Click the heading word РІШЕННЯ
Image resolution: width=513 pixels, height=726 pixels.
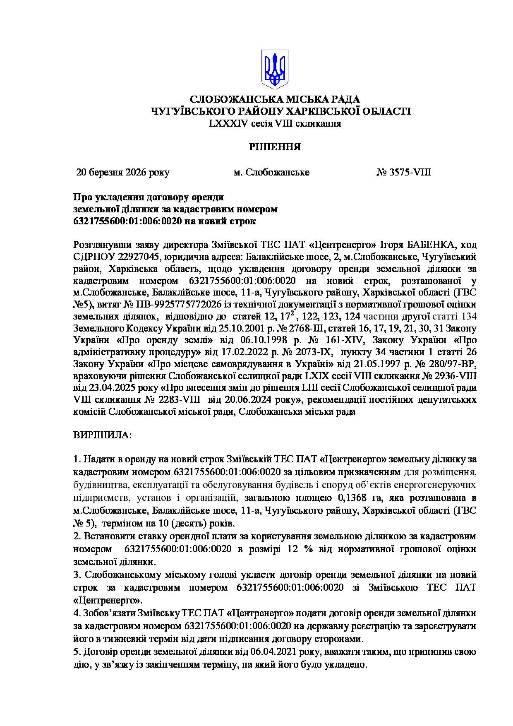(275, 147)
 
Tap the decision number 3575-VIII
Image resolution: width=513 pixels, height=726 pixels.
(410, 172)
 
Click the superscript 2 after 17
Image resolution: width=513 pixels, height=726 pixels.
(292, 313)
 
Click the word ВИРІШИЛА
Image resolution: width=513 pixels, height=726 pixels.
(102, 435)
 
